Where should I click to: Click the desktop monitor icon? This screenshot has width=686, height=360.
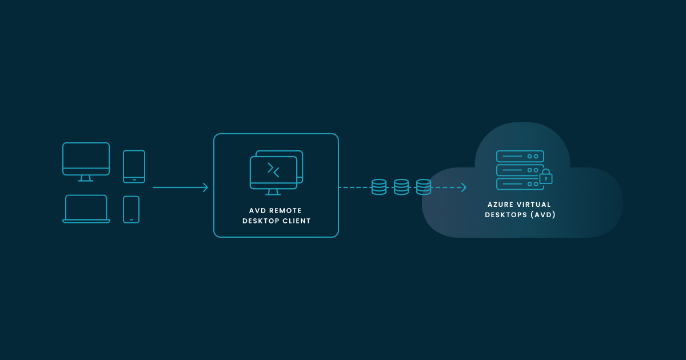(86, 159)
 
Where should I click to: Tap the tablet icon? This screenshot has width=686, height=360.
(134, 166)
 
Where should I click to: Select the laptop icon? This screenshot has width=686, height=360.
(86, 209)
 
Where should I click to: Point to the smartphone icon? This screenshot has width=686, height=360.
(131, 209)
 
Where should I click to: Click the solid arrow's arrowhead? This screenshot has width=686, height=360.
(205, 187)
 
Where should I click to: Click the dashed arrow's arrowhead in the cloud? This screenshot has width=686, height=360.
(463, 187)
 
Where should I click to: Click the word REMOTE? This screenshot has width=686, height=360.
(287, 211)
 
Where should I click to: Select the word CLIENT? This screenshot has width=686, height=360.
(297, 221)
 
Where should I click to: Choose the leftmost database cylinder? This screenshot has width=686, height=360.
(379, 187)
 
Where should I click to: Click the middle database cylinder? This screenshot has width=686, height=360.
(401, 187)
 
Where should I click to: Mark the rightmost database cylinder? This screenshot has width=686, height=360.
(424, 187)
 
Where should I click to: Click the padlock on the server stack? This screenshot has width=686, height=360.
(546, 177)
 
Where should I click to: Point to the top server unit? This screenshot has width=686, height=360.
(520, 157)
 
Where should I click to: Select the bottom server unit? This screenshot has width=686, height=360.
(520, 184)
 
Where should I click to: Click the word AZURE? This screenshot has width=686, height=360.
(501, 205)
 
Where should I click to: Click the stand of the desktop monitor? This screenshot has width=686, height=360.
(86, 178)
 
